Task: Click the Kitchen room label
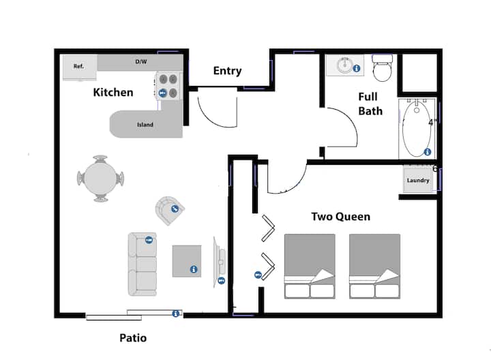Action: point(113,92)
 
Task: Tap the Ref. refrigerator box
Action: point(79,67)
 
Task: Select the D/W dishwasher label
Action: point(140,62)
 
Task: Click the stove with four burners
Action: point(168,86)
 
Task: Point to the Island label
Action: point(145,125)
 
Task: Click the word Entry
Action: point(227,71)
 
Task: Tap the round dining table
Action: point(100,179)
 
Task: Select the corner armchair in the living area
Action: point(170,210)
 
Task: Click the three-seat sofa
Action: point(142,263)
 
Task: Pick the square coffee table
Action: point(187,260)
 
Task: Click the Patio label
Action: point(133,337)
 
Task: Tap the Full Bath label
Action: point(370,104)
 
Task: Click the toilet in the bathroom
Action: point(383,68)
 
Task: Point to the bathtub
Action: point(417,128)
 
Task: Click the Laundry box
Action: point(417,181)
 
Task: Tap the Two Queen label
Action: point(340,217)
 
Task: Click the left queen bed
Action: point(310,266)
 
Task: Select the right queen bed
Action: point(374,266)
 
